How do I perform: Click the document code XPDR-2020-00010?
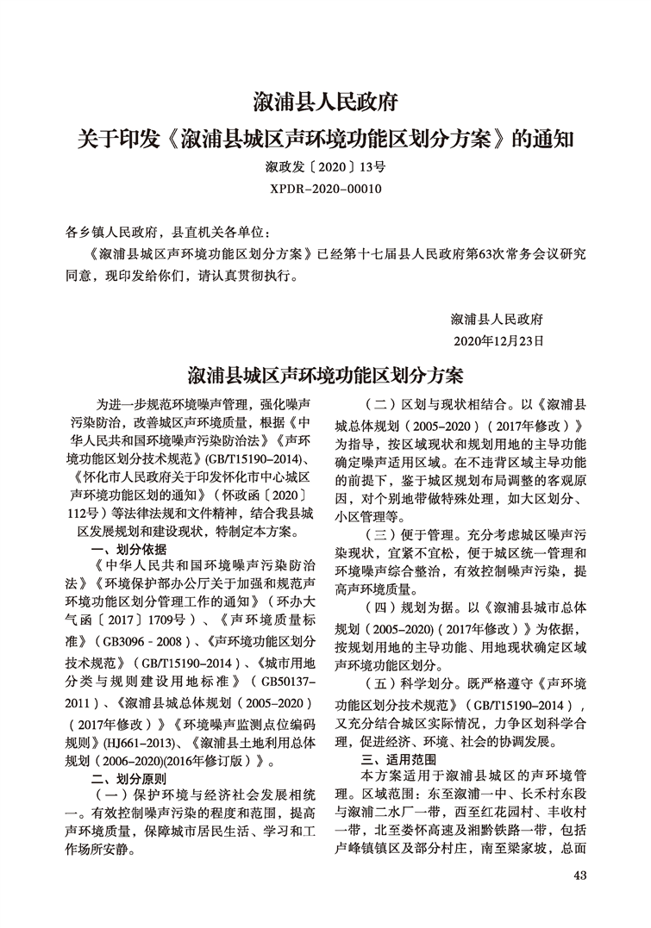pyautogui.click(x=325, y=186)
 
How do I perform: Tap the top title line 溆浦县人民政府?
pyautogui.click(x=325, y=103)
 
